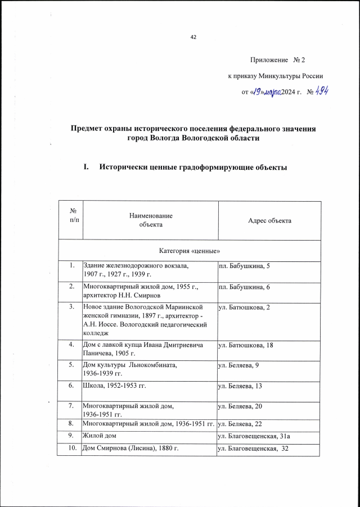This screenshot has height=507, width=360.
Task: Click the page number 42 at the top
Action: pyautogui.click(x=193, y=37)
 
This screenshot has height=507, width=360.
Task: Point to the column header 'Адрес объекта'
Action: pyautogui.click(x=269, y=221)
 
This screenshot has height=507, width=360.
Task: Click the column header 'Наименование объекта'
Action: pyautogui.click(x=150, y=220)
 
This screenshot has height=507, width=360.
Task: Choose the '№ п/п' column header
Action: pyautogui.click(x=73, y=215)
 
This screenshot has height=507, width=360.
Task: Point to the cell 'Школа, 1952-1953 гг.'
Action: pyautogui.click(x=118, y=386)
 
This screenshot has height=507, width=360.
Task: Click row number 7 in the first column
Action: pyautogui.click(x=72, y=406)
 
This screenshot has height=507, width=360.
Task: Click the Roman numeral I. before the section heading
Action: pyautogui.click(x=86, y=168)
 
